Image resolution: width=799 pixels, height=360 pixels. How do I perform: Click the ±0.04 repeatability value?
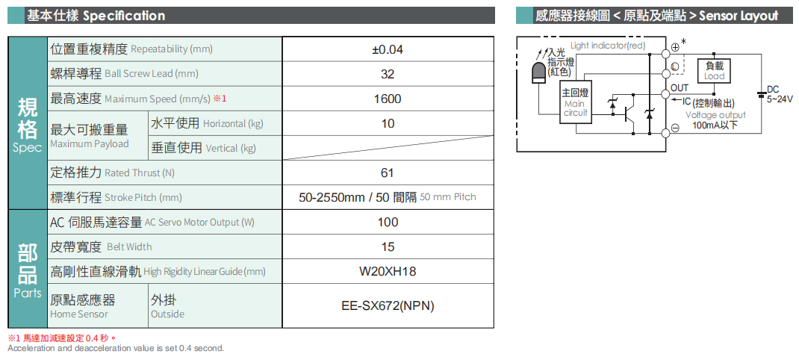[x=387, y=49]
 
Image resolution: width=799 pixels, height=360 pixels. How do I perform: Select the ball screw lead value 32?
[x=387, y=74]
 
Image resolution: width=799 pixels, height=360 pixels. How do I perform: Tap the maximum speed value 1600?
[x=387, y=99]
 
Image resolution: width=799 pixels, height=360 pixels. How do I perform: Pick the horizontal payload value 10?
[x=388, y=123]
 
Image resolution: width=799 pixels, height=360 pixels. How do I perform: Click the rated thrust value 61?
[x=387, y=173]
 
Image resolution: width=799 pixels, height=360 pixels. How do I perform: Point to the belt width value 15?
[x=388, y=246]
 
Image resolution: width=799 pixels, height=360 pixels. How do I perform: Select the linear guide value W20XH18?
[x=388, y=271]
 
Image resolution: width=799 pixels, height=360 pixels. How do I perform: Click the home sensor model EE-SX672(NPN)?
[x=388, y=305]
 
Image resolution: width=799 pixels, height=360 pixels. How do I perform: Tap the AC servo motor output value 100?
[x=388, y=222]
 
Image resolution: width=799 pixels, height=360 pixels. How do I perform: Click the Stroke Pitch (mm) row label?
[x=116, y=197]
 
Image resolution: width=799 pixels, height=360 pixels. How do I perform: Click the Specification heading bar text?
[x=96, y=16]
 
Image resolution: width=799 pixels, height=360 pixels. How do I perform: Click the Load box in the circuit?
[x=714, y=71]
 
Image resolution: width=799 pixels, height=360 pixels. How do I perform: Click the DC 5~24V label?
[x=778, y=94]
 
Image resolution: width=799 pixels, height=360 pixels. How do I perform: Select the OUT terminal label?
[x=679, y=89]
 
